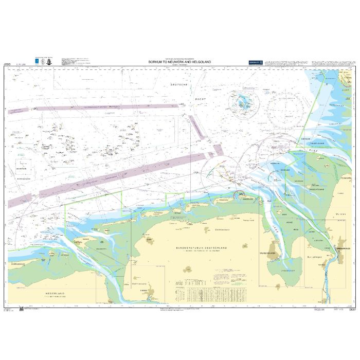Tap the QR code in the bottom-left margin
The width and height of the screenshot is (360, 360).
coord(21,309)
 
